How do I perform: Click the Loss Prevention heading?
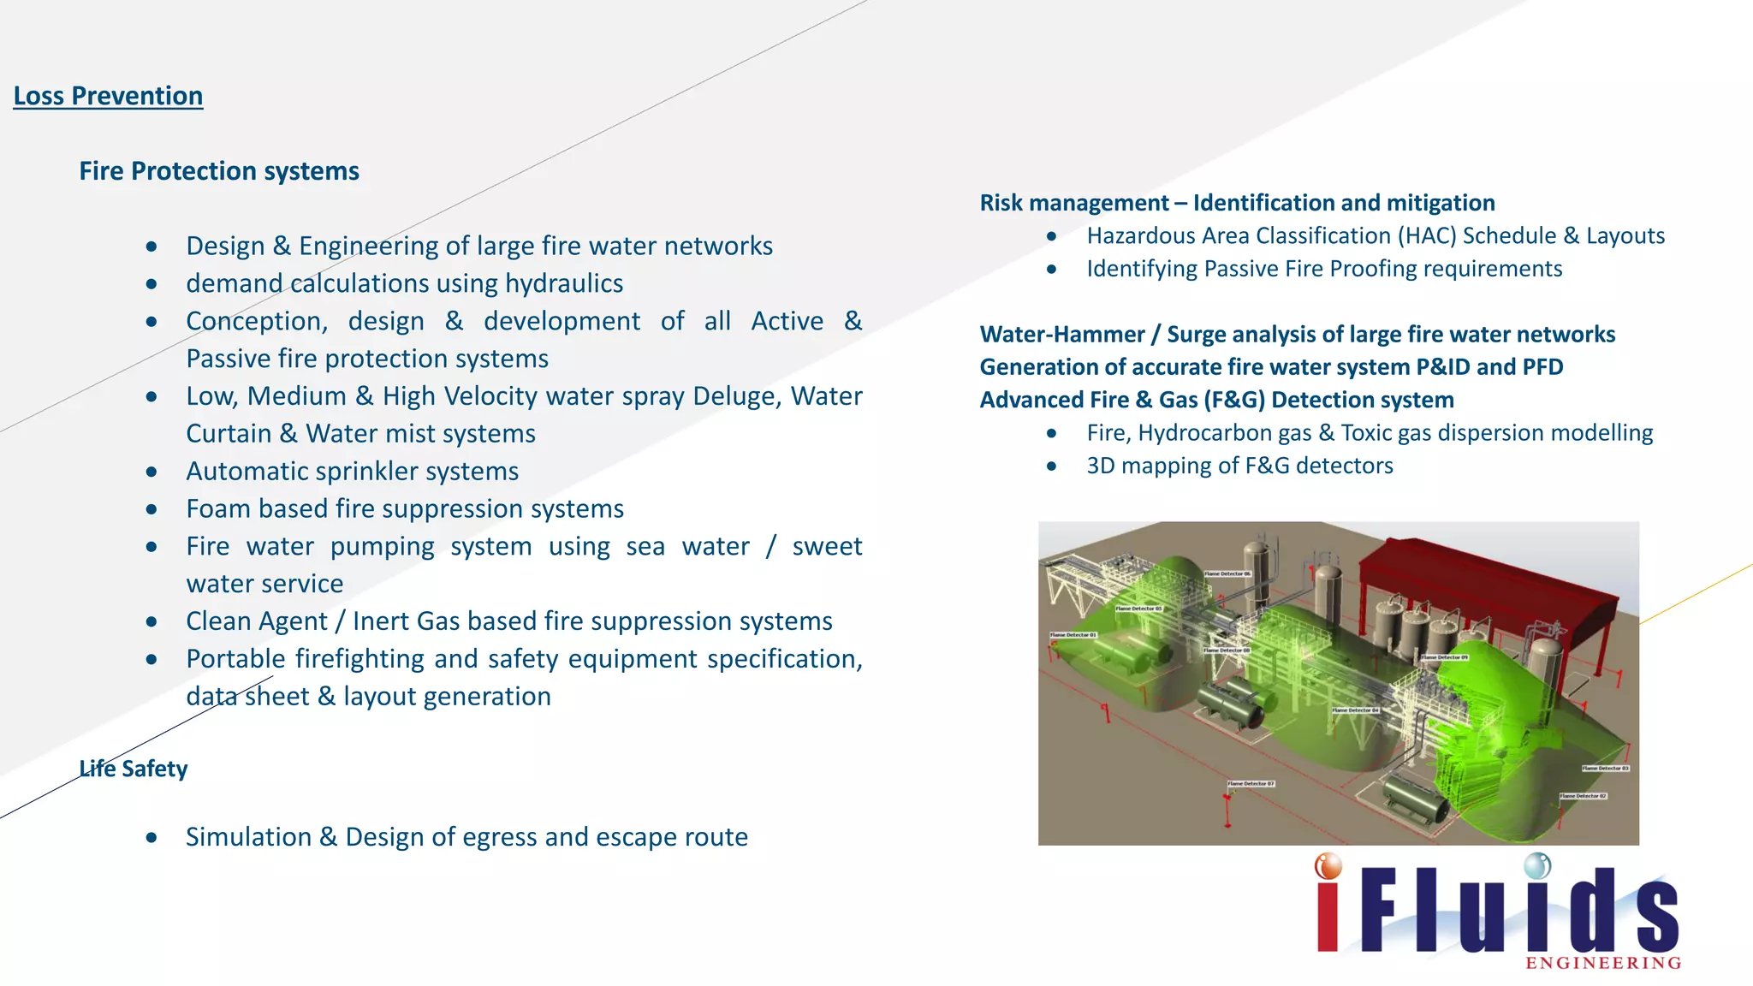(108, 96)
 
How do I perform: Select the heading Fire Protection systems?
(219, 171)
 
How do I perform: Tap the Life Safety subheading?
(134, 769)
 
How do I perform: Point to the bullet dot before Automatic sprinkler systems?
(152, 472)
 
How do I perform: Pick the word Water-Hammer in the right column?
(1061, 335)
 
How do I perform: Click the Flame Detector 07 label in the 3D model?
(1251, 783)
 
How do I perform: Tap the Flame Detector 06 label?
(1227, 573)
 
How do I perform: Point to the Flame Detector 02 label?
(1583, 796)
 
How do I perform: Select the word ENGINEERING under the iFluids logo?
(1603, 964)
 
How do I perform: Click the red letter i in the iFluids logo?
(1328, 907)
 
